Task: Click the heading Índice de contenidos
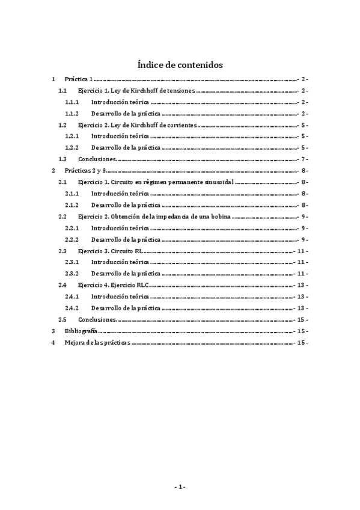pyautogui.click(x=180, y=64)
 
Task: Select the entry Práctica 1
pyautogui.click(x=78, y=79)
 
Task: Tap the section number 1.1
pyautogui.click(x=63, y=91)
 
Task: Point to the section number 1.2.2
pyautogui.click(x=72, y=148)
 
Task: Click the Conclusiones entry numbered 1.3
pyautogui.click(x=96, y=159)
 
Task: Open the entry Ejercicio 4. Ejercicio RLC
pyautogui.click(x=113, y=285)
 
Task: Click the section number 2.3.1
pyautogui.click(x=72, y=262)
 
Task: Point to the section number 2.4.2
pyautogui.click(x=72, y=308)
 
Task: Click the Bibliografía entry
pyautogui.click(x=81, y=331)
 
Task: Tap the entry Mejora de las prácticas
pyautogui.click(x=97, y=342)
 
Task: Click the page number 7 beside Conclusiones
pyautogui.click(x=305, y=159)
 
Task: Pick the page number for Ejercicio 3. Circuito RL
pyautogui.click(x=303, y=251)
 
